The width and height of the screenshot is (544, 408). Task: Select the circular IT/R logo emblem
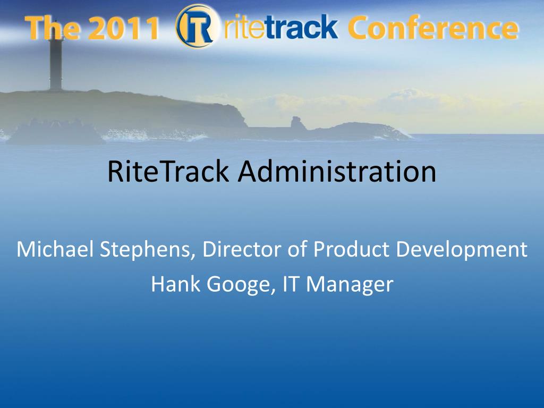(x=198, y=27)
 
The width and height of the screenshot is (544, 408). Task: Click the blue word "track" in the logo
(x=302, y=27)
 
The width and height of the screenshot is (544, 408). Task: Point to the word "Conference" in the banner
(x=433, y=28)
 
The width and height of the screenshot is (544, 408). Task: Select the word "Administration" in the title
(x=337, y=171)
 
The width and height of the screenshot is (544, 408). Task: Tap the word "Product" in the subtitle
(x=351, y=249)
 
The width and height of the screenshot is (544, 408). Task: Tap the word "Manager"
(x=350, y=285)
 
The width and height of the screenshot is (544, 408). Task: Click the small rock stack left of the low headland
(x=297, y=123)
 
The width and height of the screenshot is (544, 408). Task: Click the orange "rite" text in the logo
(x=245, y=27)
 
